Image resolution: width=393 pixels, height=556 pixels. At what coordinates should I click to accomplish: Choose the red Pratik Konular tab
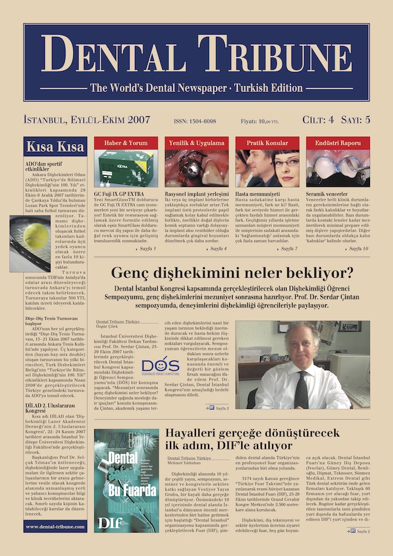[x=267, y=143]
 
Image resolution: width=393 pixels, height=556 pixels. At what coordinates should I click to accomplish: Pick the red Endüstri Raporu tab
[x=338, y=143]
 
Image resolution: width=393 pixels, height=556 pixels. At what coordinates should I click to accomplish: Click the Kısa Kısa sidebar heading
[x=55, y=147]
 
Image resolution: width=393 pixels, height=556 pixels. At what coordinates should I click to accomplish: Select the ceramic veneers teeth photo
[x=338, y=169]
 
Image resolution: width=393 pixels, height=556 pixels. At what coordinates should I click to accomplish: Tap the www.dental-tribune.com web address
[x=55, y=527]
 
